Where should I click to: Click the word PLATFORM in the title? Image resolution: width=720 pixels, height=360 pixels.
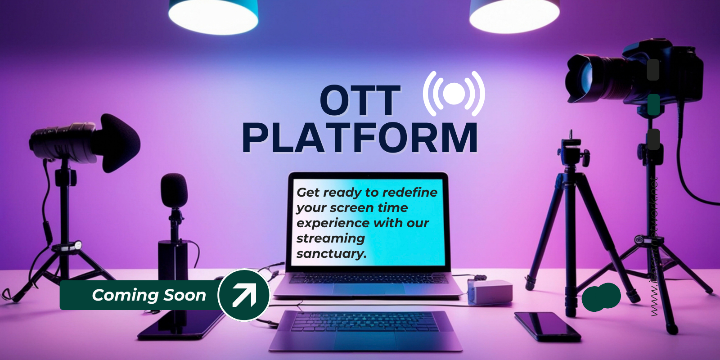tap(360, 138)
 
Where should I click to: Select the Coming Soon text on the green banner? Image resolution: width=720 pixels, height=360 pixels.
tap(148, 295)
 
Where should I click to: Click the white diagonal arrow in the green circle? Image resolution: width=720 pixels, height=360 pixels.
tap(244, 295)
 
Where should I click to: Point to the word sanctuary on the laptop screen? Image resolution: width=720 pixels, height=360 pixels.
tap(331, 254)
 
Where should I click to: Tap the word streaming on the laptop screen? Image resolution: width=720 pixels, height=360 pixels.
tap(330, 238)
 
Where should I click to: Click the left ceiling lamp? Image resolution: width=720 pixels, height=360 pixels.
tap(213, 16)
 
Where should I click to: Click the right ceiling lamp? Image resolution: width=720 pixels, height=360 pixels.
tap(514, 16)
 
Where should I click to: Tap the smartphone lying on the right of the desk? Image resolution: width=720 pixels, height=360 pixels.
tap(547, 326)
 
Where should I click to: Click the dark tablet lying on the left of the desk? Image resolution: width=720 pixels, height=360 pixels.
tap(180, 326)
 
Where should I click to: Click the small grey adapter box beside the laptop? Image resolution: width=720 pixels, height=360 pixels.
tap(490, 291)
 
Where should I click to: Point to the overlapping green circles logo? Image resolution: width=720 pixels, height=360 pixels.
tap(601, 297)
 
